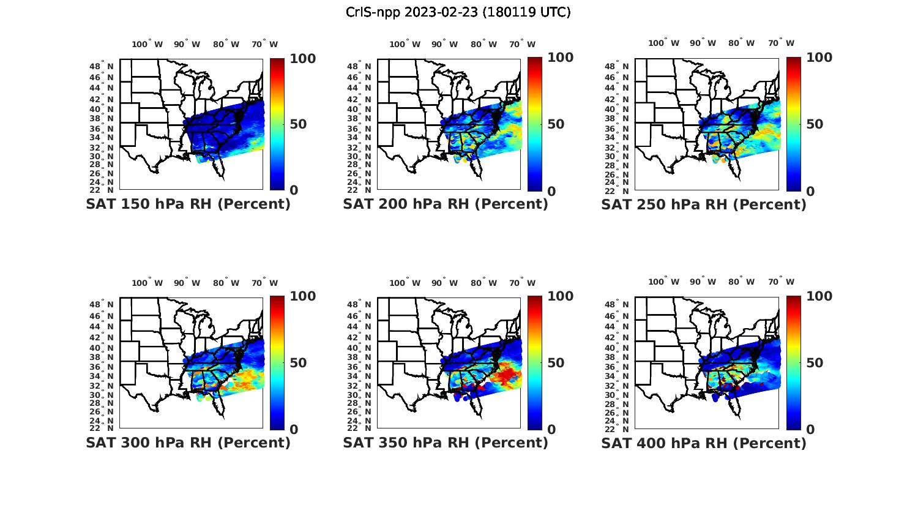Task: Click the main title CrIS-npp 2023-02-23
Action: click(x=458, y=12)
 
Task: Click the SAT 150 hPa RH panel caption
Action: click(x=188, y=204)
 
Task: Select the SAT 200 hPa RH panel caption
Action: click(x=446, y=204)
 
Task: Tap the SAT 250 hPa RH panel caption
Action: click(x=704, y=204)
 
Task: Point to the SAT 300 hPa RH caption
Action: click(x=188, y=443)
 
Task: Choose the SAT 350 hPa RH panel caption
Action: click(x=446, y=443)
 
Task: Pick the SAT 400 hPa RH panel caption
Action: click(x=704, y=443)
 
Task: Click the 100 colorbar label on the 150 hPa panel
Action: click(x=302, y=58)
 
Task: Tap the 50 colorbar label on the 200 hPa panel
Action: click(x=556, y=124)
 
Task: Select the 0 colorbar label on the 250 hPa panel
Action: click(x=810, y=192)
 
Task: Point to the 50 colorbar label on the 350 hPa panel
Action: click(x=556, y=363)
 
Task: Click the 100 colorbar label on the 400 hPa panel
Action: click(x=819, y=296)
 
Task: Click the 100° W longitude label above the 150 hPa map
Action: click(x=147, y=44)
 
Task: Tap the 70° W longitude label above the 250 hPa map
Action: click(x=782, y=43)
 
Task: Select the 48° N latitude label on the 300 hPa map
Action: click(x=102, y=304)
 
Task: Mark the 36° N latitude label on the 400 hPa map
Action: click(x=618, y=367)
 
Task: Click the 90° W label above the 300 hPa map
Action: click(x=187, y=283)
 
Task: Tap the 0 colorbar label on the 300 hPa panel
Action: click(x=294, y=430)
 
